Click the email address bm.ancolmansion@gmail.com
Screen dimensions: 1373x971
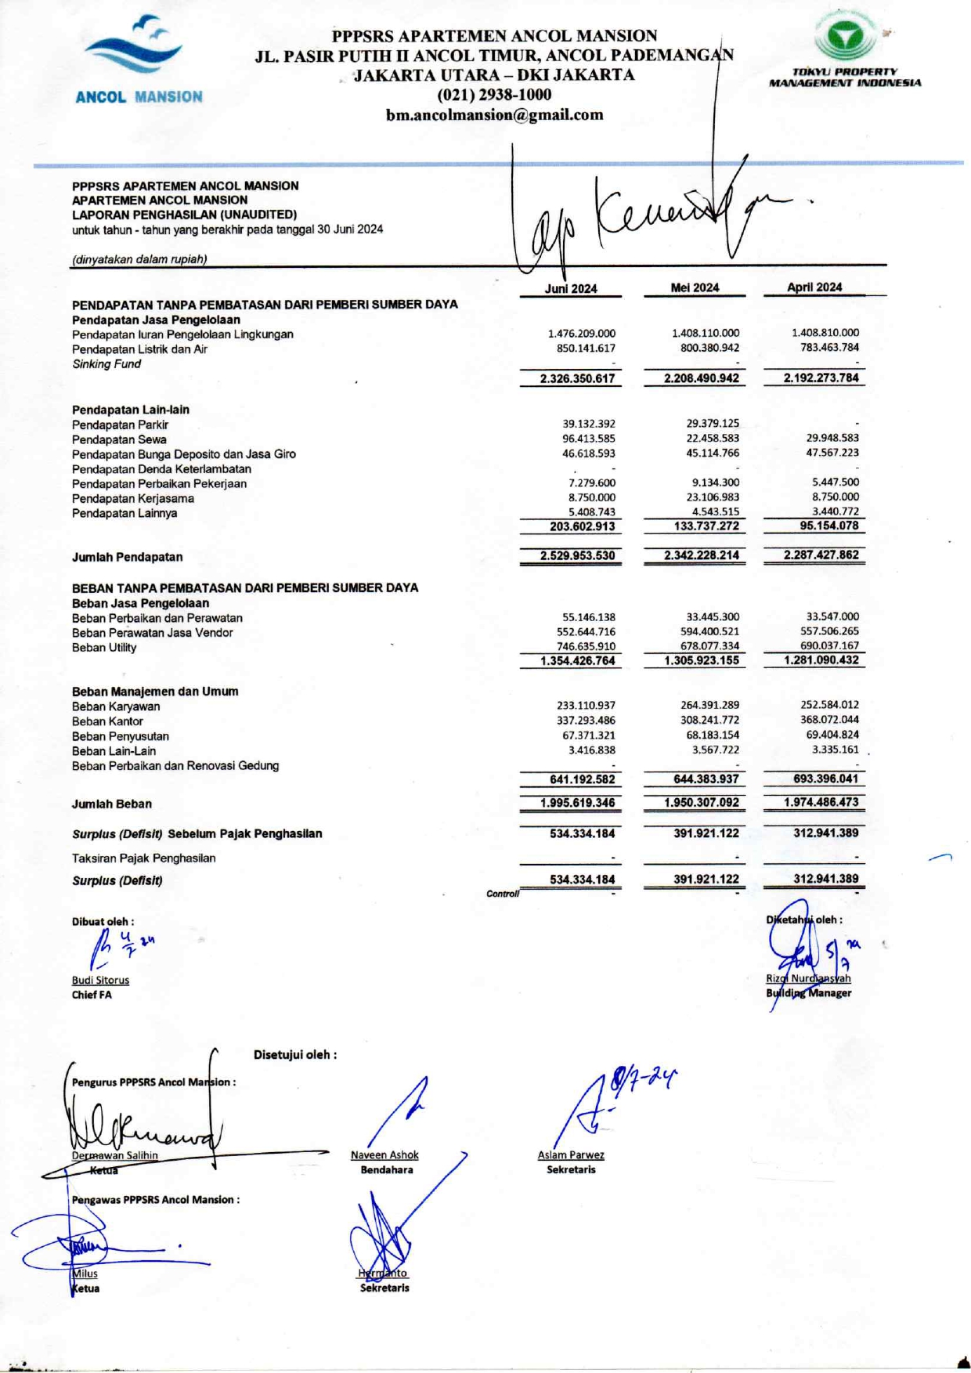click(x=494, y=115)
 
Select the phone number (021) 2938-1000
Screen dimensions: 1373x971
click(x=494, y=95)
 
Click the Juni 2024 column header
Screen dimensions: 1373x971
click(x=571, y=288)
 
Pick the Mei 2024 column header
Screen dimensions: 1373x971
click(x=695, y=287)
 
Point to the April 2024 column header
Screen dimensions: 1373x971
click(x=814, y=287)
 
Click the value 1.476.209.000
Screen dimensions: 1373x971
click(x=581, y=334)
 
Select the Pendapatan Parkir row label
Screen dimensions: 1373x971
click(x=120, y=425)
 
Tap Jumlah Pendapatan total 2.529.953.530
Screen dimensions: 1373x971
click(x=577, y=555)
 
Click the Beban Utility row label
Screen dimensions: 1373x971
click(x=104, y=648)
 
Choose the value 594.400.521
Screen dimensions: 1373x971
click(x=709, y=631)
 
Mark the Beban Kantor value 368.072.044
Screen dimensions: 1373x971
click(x=829, y=719)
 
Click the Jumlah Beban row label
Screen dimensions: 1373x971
click(x=112, y=804)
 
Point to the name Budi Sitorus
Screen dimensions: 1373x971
click(x=100, y=980)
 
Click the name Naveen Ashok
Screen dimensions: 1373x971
click(x=384, y=1154)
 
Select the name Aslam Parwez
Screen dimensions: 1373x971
click(x=571, y=1154)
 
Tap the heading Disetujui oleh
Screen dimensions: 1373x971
click(x=295, y=1054)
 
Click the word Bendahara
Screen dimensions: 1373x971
click(x=387, y=1169)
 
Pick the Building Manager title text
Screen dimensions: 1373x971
click(x=809, y=993)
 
